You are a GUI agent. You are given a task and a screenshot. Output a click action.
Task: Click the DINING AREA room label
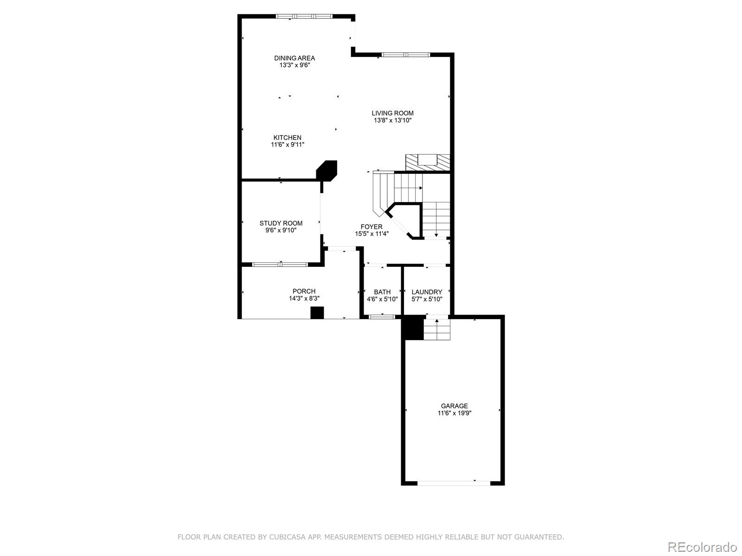294,58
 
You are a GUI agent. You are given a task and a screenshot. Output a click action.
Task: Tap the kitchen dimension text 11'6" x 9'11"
288,145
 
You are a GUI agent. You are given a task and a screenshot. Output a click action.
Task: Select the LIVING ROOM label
392,113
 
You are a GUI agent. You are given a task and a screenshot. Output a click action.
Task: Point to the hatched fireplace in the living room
428,162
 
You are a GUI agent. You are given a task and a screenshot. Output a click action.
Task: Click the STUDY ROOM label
281,223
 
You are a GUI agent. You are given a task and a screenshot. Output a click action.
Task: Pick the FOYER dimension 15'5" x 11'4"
371,234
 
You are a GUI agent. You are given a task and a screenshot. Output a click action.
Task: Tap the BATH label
382,292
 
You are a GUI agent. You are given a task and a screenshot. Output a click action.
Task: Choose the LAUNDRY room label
427,292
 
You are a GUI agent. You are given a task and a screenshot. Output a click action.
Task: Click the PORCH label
304,291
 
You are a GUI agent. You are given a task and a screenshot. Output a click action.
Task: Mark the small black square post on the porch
317,313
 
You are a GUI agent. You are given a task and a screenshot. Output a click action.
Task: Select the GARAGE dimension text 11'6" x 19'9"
454,413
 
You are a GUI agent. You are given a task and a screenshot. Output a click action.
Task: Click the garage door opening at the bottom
454,482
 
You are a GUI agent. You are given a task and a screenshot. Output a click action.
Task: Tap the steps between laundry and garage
437,329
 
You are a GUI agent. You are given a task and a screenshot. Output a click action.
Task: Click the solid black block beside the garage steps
413,328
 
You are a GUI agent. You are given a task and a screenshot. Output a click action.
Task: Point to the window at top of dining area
304,16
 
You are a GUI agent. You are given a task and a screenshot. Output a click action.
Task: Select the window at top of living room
405,55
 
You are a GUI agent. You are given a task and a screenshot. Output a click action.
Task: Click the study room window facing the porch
280,265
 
